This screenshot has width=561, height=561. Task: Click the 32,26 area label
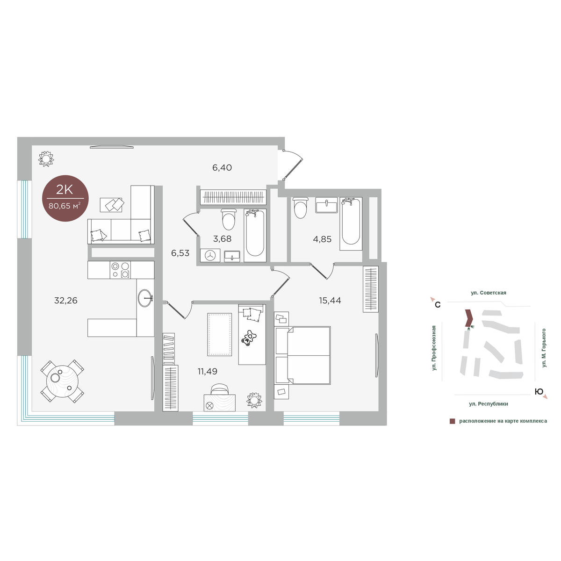point(66,301)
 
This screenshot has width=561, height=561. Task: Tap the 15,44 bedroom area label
point(330,300)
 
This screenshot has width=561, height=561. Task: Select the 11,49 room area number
point(207,371)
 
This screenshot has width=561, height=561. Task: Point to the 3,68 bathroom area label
point(222,239)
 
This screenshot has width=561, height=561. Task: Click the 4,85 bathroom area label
point(322,239)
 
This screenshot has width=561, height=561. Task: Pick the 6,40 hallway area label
point(222,167)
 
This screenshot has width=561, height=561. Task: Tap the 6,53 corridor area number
point(180,253)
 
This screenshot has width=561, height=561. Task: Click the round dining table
point(62,381)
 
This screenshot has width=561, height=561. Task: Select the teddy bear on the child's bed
point(249,338)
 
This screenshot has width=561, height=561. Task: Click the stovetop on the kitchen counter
point(120,270)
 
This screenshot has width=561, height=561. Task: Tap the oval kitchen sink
point(145,298)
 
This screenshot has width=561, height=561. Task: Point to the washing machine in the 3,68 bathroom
point(210,256)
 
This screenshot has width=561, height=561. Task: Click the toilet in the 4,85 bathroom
point(300,208)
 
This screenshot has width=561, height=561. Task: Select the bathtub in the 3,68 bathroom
point(255,235)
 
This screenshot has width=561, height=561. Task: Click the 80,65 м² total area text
point(65,206)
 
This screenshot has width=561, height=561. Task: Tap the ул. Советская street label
point(489,293)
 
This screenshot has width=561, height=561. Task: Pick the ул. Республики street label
point(489,404)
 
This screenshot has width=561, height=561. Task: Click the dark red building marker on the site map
point(468,318)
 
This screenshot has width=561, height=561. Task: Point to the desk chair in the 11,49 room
point(220,389)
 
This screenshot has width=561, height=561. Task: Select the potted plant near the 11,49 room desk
point(254,400)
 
